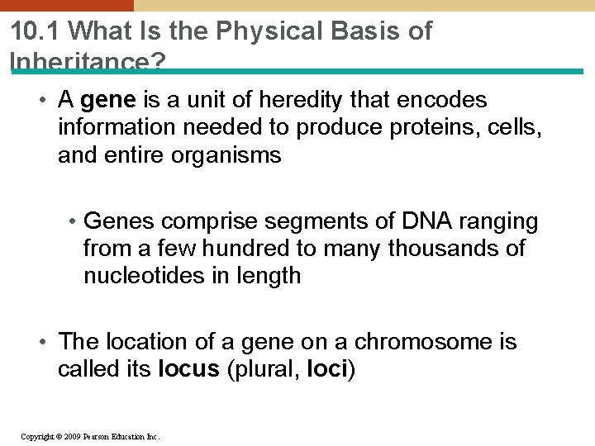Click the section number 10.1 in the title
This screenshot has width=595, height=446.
pyautogui.click(x=36, y=31)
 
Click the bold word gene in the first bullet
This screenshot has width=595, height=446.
pyautogui.click(x=109, y=101)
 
